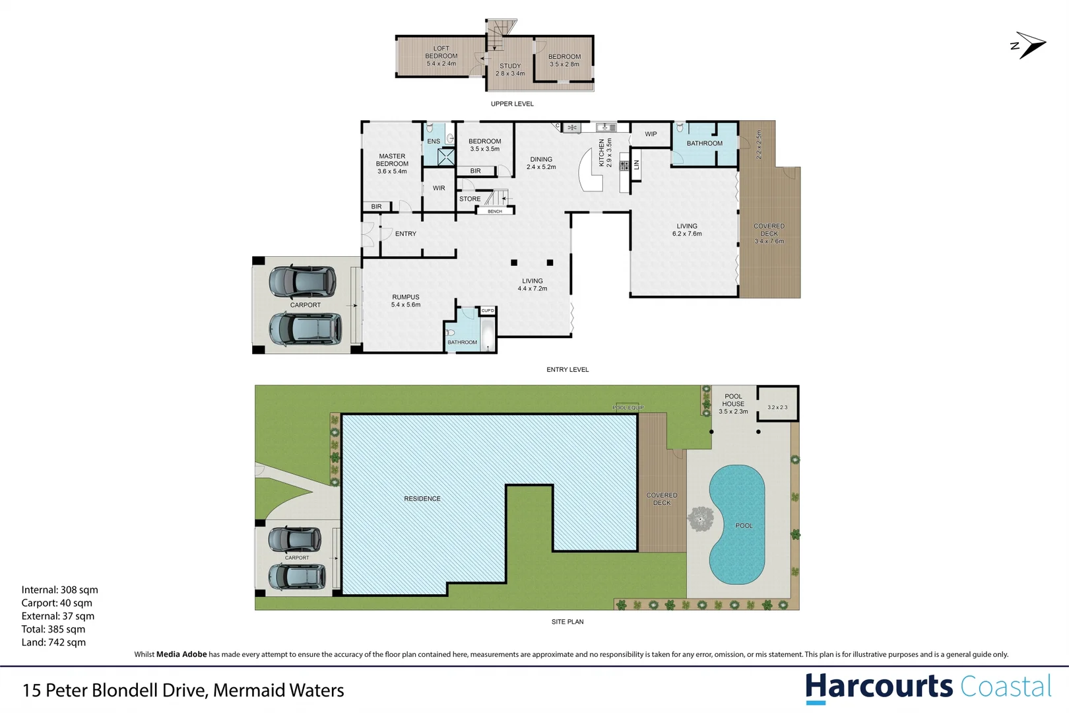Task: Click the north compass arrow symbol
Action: point(1029,45)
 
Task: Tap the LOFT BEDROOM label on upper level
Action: point(441,56)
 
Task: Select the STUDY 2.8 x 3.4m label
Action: point(510,69)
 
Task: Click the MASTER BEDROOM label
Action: point(392,164)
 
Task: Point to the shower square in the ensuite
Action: point(446,157)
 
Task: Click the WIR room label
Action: point(439,188)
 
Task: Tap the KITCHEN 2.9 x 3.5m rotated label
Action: point(605,153)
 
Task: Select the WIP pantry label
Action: point(651,134)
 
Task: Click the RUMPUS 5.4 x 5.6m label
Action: point(405,301)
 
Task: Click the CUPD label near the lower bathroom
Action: point(488,310)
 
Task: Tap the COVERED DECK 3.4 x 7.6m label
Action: point(769,234)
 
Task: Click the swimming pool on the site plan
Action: point(736,525)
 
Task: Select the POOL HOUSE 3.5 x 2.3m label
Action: point(733,404)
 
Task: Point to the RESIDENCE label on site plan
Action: point(422,498)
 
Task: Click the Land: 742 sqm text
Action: point(53,642)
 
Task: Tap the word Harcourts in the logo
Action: point(878,687)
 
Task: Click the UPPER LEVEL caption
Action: point(512,104)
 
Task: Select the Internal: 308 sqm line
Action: point(59,590)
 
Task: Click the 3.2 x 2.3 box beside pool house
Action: point(777,407)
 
